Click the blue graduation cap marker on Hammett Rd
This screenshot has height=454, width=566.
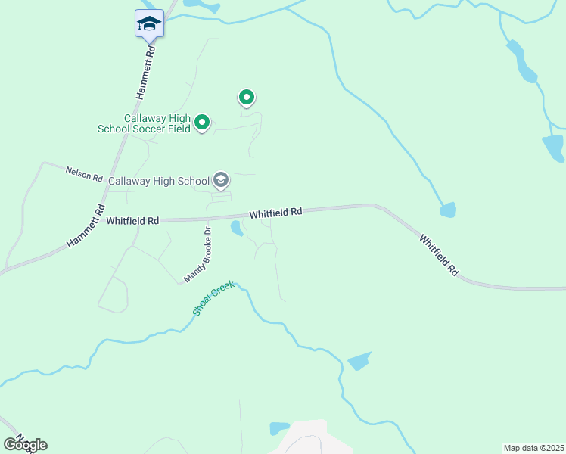click(x=149, y=24)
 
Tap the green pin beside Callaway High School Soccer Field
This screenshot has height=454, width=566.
click(x=202, y=122)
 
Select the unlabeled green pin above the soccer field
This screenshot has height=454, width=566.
click(x=246, y=97)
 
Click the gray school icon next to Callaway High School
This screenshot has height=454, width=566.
click(x=221, y=180)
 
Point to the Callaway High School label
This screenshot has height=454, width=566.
click(x=159, y=181)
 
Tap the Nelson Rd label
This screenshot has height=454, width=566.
click(x=83, y=175)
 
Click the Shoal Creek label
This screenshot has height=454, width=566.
click(x=213, y=298)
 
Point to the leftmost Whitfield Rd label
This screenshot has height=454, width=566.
click(x=132, y=221)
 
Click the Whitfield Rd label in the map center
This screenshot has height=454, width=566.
click(x=275, y=214)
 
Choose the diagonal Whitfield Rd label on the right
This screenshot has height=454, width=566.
click(x=440, y=253)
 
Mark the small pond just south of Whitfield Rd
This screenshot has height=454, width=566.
click(x=237, y=229)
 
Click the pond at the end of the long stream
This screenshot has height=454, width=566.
click(x=448, y=210)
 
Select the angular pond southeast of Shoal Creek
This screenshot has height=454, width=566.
click(x=359, y=361)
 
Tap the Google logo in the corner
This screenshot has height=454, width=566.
click(x=25, y=445)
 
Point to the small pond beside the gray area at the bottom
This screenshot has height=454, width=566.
click(x=279, y=428)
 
